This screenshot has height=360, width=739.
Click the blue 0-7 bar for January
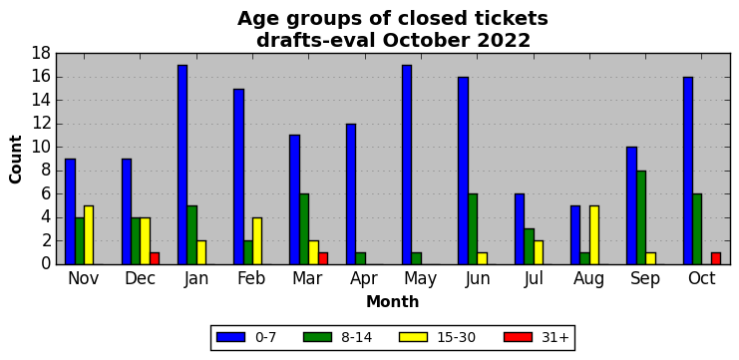pos(183,165)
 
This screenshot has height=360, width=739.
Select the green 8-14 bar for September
pos(641,217)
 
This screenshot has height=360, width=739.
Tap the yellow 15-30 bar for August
pos(594,235)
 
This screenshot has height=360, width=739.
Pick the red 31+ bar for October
pos(716,258)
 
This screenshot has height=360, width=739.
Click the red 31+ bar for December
pos(155,258)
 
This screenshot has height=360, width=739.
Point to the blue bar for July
pos(520,229)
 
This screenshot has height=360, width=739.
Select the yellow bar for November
pos(89,235)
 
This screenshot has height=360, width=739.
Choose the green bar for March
pos(304,229)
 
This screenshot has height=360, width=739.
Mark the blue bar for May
pos(407,165)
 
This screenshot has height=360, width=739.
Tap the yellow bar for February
pos(257,240)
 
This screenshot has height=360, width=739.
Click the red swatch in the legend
pos(518,337)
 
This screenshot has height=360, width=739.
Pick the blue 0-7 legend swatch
pos(230,337)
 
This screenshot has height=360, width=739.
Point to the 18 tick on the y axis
pos(41,54)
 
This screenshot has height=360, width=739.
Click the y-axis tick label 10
pos(41,148)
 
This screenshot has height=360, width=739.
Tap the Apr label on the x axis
pos(364,279)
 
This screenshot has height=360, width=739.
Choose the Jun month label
pos(477,278)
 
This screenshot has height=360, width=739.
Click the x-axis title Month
pos(393,301)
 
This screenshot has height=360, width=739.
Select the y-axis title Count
pos(16,160)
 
